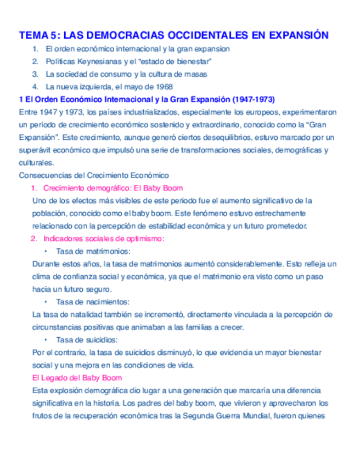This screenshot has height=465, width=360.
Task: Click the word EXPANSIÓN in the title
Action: pyautogui.click(x=297, y=36)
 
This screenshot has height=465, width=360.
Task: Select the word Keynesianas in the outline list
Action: pyautogui.click(x=96, y=61)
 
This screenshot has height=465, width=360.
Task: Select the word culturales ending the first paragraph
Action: pyautogui.click(x=36, y=163)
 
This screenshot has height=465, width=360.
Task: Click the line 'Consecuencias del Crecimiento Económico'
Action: pyautogui.click(x=94, y=175)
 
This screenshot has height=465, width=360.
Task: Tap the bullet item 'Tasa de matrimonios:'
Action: pyautogui.click(x=93, y=251)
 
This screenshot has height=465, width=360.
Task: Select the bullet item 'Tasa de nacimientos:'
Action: pyautogui.click(x=92, y=302)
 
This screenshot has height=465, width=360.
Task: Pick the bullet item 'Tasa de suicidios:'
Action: pyautogui.click(x=86, y=340)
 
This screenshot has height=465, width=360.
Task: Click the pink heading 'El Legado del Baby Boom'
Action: pyautogui.click(x=77, y=378)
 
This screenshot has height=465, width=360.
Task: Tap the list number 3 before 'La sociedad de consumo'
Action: pyautogui.click(x=35, y=74)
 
